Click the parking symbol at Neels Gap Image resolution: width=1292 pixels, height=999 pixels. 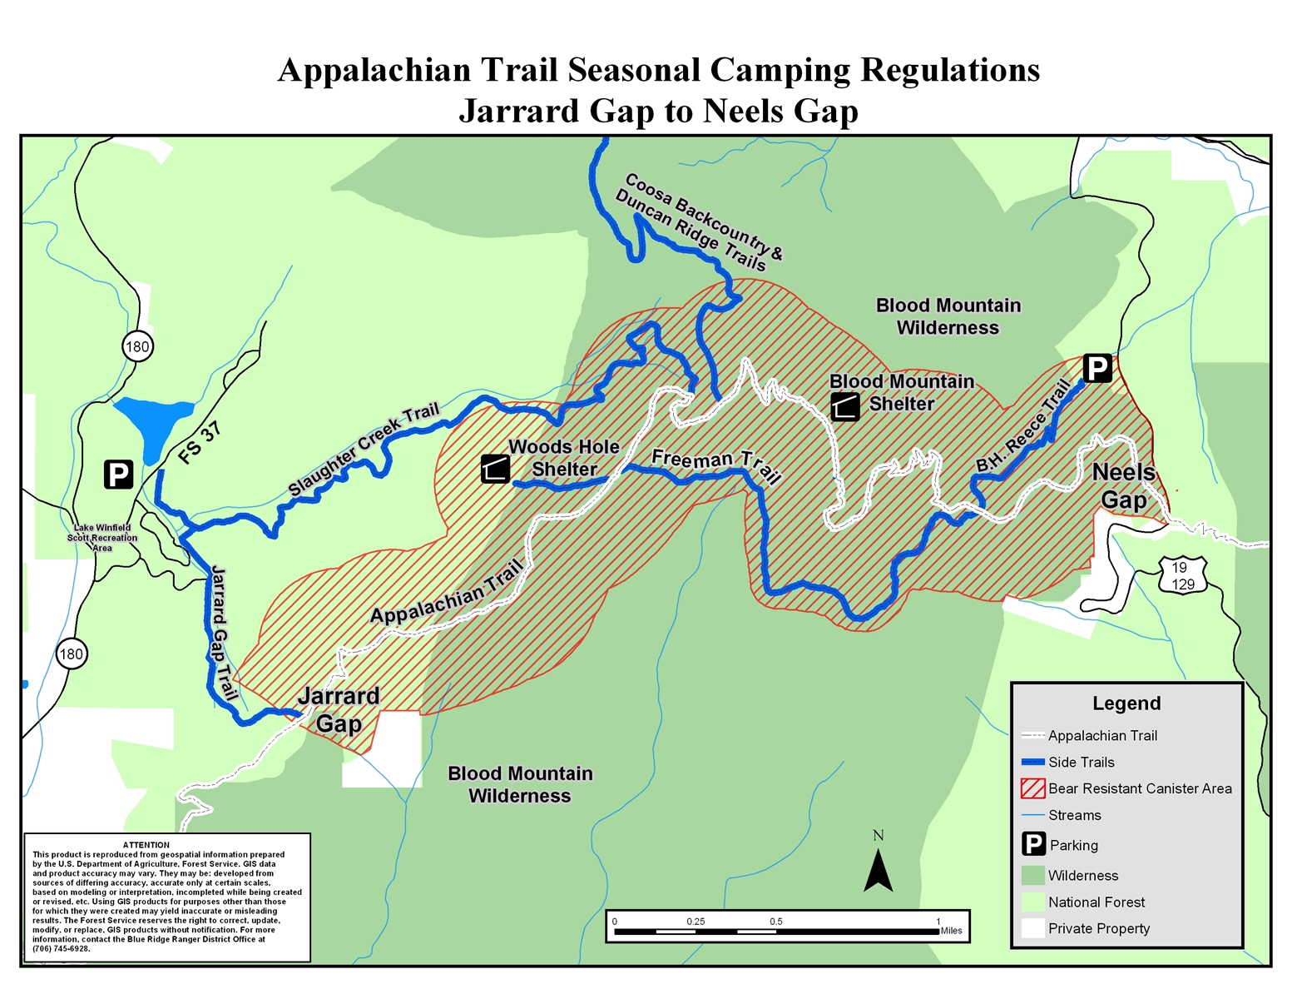1096,368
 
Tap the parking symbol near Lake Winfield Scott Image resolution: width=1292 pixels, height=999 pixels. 118,475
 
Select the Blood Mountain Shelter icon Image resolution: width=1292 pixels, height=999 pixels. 844,407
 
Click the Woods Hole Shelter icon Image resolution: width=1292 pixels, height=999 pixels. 495,469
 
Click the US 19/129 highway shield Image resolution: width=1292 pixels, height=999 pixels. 1182,575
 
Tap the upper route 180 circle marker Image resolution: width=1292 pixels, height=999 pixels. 138,346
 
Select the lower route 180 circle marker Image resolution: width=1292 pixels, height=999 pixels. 72,654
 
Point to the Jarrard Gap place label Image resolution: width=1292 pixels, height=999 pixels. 339,709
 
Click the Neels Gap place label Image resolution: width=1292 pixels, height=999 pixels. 1124,486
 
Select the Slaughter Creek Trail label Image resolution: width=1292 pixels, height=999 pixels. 364,450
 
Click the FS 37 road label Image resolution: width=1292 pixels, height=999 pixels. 200,443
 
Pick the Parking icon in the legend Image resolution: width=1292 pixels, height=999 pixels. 1033,844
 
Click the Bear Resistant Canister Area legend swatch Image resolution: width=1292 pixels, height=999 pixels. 1033,788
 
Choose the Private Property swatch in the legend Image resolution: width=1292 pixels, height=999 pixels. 1033,928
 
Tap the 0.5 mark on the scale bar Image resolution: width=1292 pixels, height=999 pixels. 776,922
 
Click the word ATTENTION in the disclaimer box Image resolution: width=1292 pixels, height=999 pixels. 146,845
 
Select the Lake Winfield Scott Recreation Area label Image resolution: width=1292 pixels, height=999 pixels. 103,538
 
